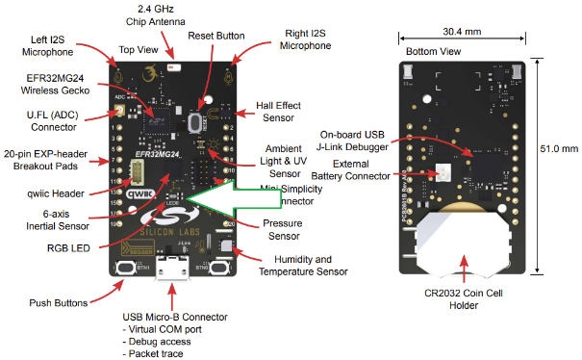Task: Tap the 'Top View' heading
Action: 139,49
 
